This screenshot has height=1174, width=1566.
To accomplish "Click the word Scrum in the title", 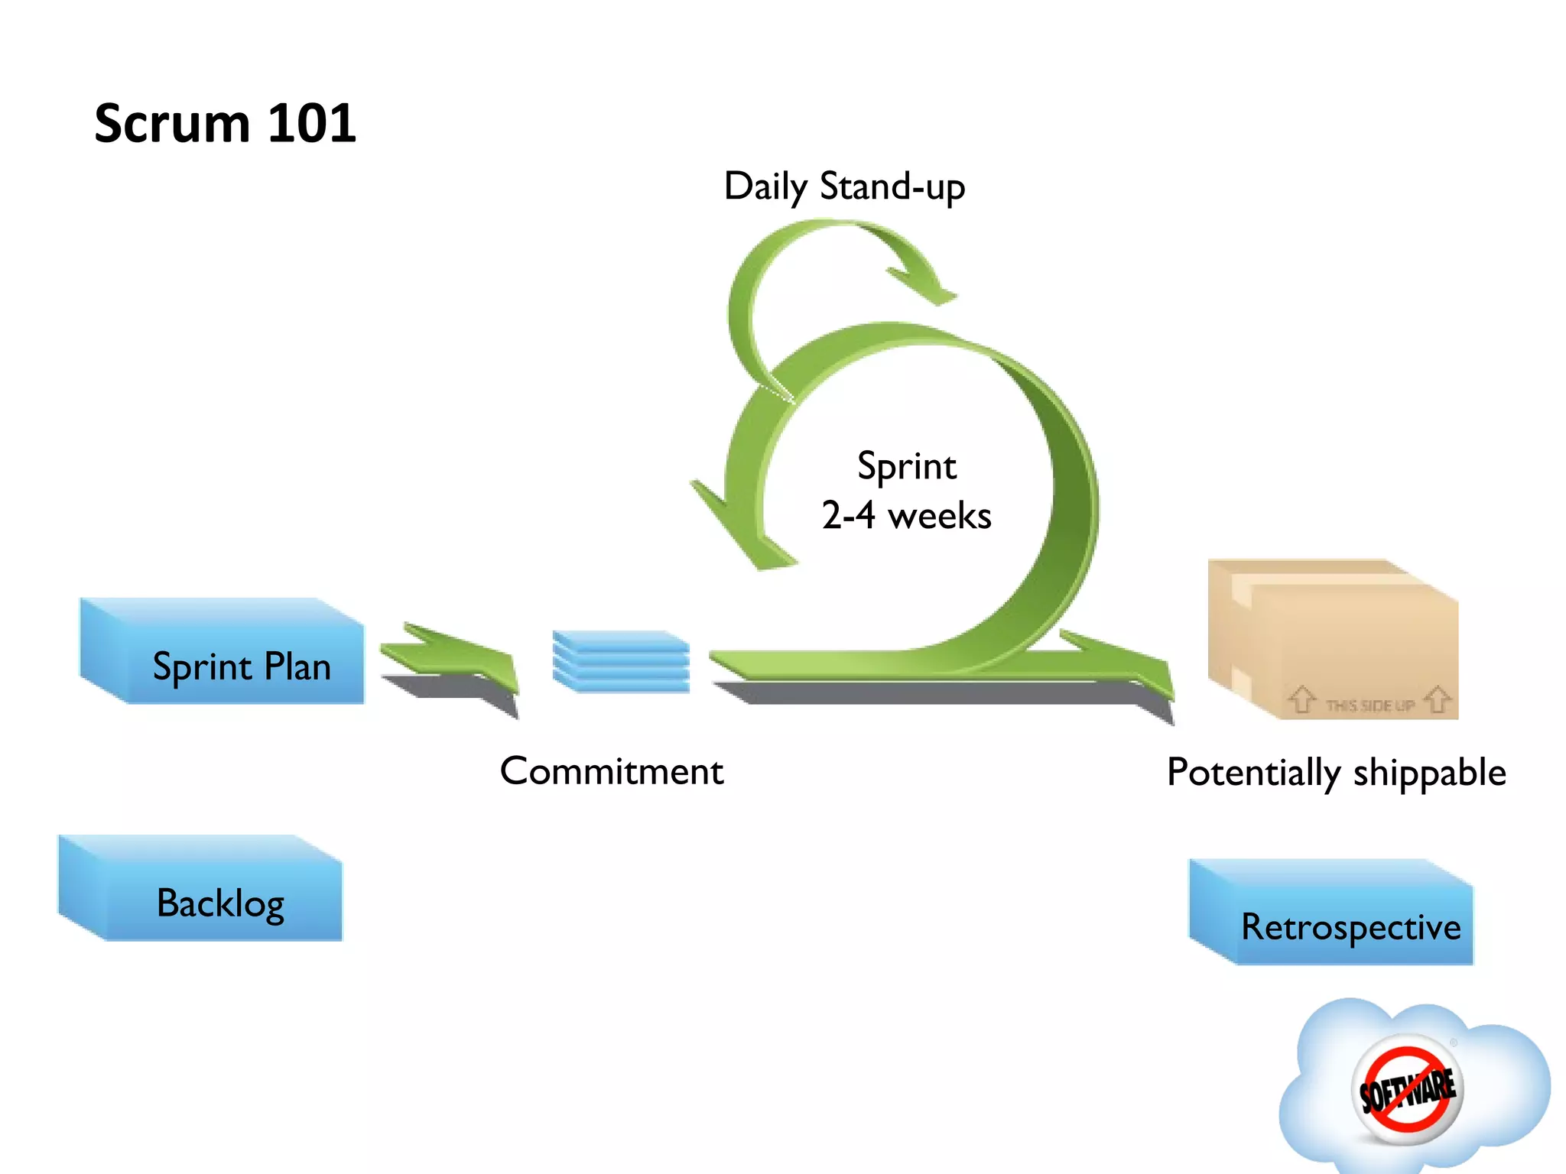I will pos(172,124).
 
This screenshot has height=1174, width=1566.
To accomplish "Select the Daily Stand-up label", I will pos(844,186).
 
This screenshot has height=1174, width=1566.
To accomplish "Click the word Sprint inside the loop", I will pos(906,466).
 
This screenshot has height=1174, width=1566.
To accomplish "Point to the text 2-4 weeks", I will pos(906,516).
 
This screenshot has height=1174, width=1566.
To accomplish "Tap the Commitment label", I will pos(612,771).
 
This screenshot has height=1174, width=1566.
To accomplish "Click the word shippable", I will pos(1429,773).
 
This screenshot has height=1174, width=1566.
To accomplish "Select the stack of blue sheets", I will pos(621,661).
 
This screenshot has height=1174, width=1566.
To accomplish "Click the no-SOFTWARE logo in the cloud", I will pos(1407,1089).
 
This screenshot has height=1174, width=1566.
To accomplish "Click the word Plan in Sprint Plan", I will pos(297,666).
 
